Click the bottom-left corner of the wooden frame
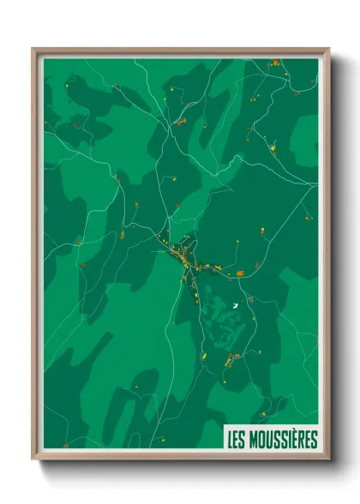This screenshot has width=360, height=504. coord(33,459)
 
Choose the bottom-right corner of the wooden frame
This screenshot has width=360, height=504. coord(327,459)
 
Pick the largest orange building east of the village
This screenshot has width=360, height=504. coord(241,272)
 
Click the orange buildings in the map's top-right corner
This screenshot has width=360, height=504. coord(274,63)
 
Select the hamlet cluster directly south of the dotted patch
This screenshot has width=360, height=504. coord(230,361)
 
